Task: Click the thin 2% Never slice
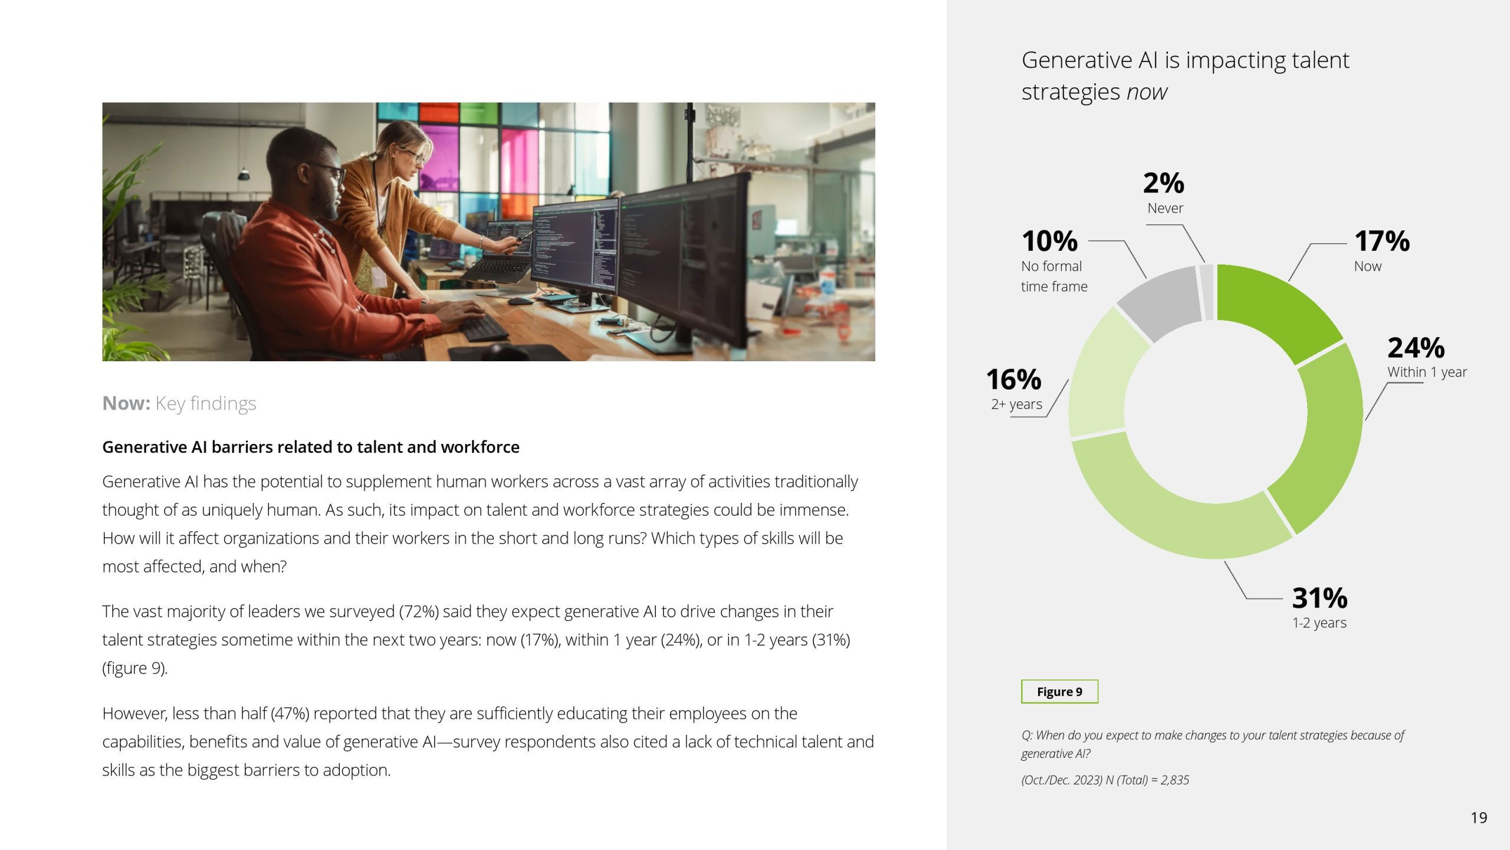pos(1207,293)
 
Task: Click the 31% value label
pos(1319,598)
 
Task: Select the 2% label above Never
pos(1163,183)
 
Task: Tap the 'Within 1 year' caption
pos(1427,372)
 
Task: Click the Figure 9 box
pos(1059,692)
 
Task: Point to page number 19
pos(1479,818)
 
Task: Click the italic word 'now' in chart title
pos(1147,92)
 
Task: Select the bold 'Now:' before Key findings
pos(126,403)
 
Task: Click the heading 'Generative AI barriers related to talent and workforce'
pos(311,447)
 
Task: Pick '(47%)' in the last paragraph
pos(290,714)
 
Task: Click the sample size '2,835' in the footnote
pos(1174,780)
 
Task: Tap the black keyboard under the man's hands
pos(484,328)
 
